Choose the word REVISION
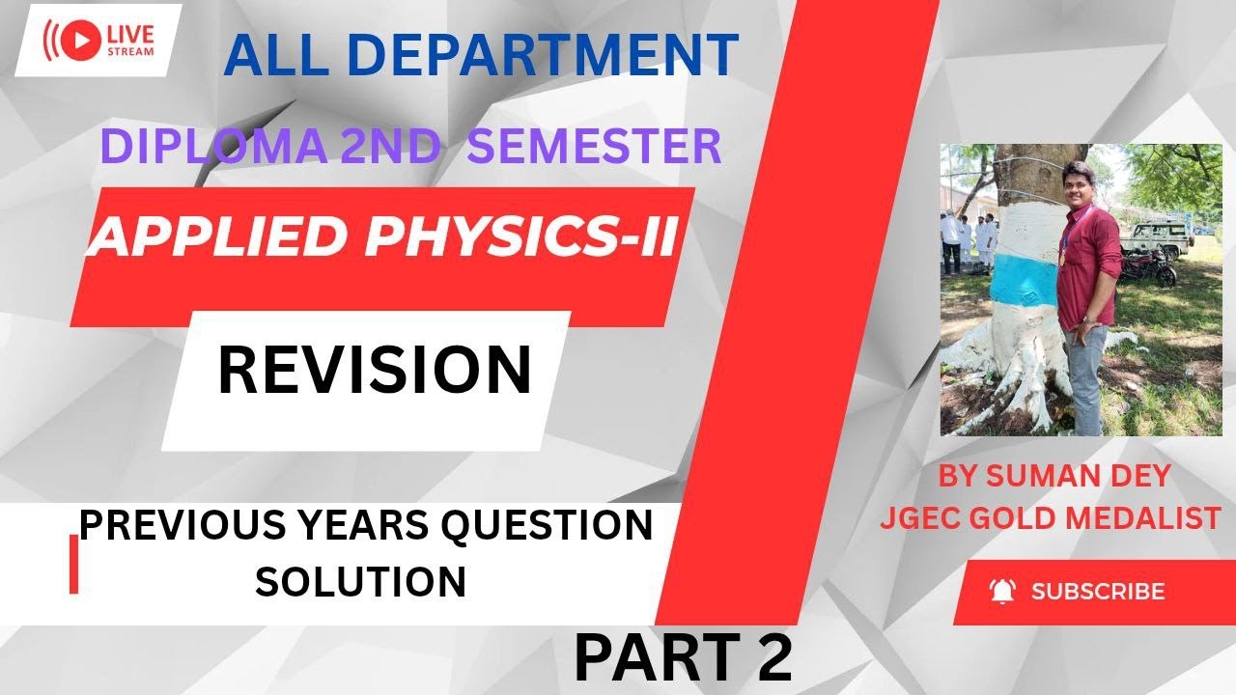pyautogui.click(x=375, y=371)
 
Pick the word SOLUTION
pyautogui.click(x=360, y=581)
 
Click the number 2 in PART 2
pyautogui.click(x=773, y=658)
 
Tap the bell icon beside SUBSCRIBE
pyautogui.click(x=1003, y=591)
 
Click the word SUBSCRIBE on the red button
pyautogui.click(x=1098, y=591)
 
